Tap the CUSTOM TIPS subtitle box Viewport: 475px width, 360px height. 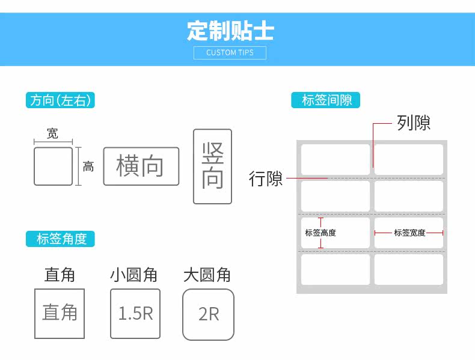(x=230, y=52)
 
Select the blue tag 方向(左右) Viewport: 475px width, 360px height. (x=61, y=100)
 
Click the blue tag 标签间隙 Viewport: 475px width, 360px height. (x=326, y=100)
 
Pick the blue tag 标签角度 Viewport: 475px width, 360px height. (x=61, y=239)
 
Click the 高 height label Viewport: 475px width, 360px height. (x=88, y=166)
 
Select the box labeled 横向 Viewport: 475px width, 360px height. (x=141, y=166)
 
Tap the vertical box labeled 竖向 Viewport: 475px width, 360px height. (x=212, y=166)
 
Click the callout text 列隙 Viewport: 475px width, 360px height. (x=413, y=123)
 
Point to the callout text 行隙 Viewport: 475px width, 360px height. (x=266, y=178)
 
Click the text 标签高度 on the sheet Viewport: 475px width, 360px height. (x=320, y=233)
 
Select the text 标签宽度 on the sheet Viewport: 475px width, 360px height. (x=409, y=233)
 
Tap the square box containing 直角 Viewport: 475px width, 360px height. (x=60, y=313)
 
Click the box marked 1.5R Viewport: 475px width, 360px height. (x=135, y=313)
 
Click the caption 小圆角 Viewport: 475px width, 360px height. (x=133, y=275)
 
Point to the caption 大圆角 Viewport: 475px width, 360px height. (x=207, y=275)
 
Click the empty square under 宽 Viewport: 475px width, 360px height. (x=53, y=166)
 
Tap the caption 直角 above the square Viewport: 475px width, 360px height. (x=60, y=275)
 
